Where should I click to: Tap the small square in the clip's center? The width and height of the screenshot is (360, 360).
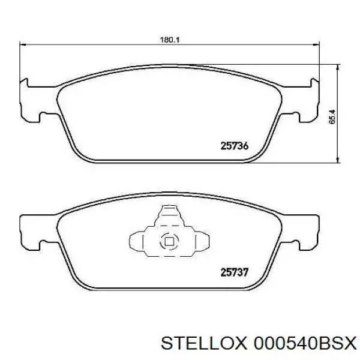[169, 242]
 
